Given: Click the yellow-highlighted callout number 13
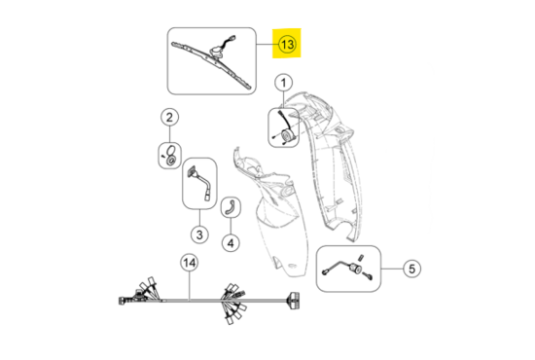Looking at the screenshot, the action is [287, 45].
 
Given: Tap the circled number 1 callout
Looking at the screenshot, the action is [283, 83].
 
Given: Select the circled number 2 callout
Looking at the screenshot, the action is [169, 118].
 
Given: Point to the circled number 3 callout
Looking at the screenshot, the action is [199, 234].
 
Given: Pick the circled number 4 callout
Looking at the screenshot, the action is [231, 243].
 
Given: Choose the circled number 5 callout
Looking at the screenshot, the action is [411, 269].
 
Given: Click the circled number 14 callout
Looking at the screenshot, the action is [190, 263].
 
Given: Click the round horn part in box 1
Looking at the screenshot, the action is [286, 135].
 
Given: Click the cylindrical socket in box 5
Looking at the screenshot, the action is [356, 269].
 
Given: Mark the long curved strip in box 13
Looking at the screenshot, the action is [210, 65].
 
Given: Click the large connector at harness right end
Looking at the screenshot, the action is [294, 301].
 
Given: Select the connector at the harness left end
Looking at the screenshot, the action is [122, 301].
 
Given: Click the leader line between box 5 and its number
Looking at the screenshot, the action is [392, 269].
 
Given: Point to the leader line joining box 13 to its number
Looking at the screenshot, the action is [267, 45].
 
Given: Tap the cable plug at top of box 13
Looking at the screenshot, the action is [232, 37].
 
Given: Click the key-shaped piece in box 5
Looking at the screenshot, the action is [368, 275].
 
